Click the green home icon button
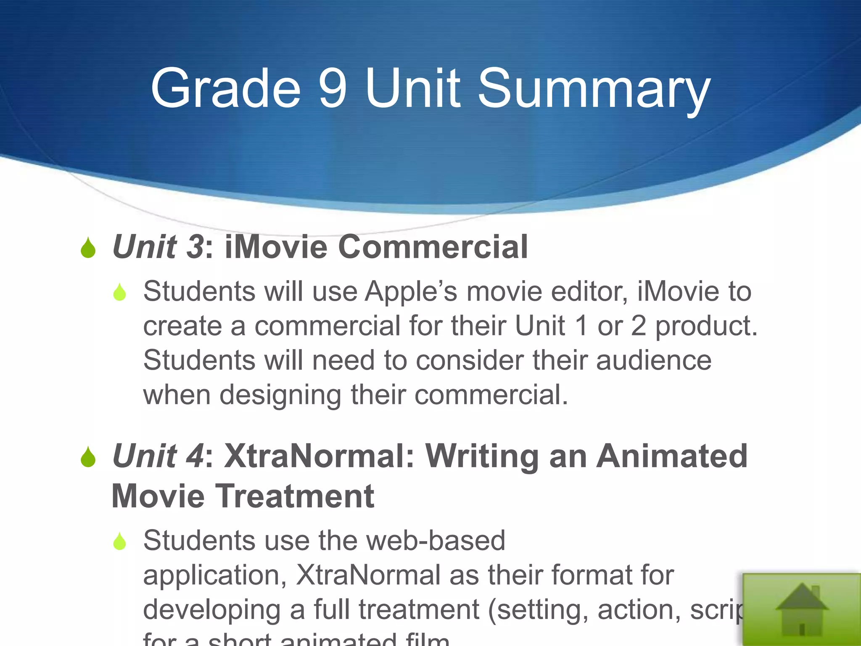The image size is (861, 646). pos(802,610)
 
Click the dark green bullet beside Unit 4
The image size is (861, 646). pos(88,457)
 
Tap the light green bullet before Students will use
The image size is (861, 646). pos(120,292)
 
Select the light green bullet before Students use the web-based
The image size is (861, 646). pos(120,541)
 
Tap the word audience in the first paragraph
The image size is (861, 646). pos(653,361)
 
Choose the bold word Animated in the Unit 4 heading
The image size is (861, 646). pos(672,456)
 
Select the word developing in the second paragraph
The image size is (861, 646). pos(211,610)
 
